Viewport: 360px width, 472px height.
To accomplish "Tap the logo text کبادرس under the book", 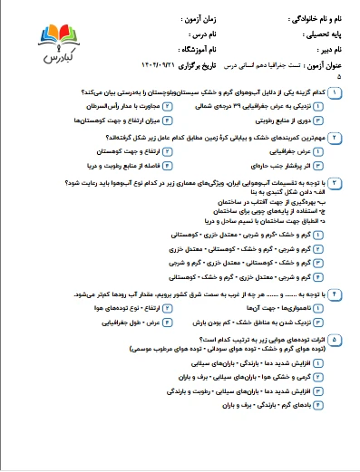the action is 47,53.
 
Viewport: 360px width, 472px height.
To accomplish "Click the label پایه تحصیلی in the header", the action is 307,34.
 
